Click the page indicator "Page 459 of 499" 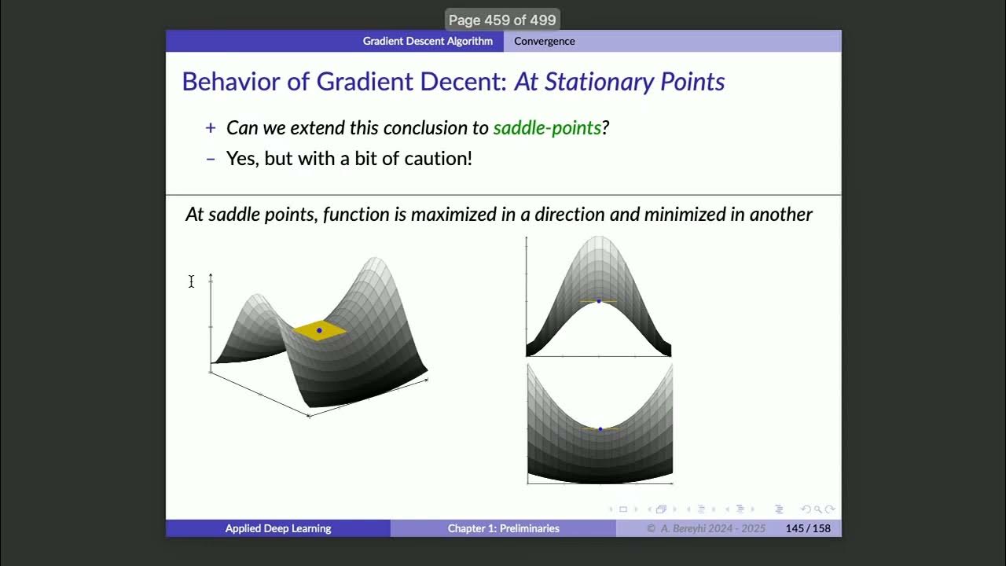click(502, 20)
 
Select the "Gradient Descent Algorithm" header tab click(428, 41)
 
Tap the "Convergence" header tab click(544, 41)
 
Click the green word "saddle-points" click(547, 127)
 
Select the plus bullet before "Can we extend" click(210, 127)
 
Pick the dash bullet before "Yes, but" click(210, 159)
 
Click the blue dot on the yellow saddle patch click(319, 330)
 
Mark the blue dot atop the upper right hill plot click(599, 301)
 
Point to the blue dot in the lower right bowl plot click(600, 429)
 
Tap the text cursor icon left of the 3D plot click(191, 281)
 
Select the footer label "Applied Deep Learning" click(278, 528)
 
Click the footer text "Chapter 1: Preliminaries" click(503, 528)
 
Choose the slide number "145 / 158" click(808, 528)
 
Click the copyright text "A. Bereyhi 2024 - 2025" click(712, 528)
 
